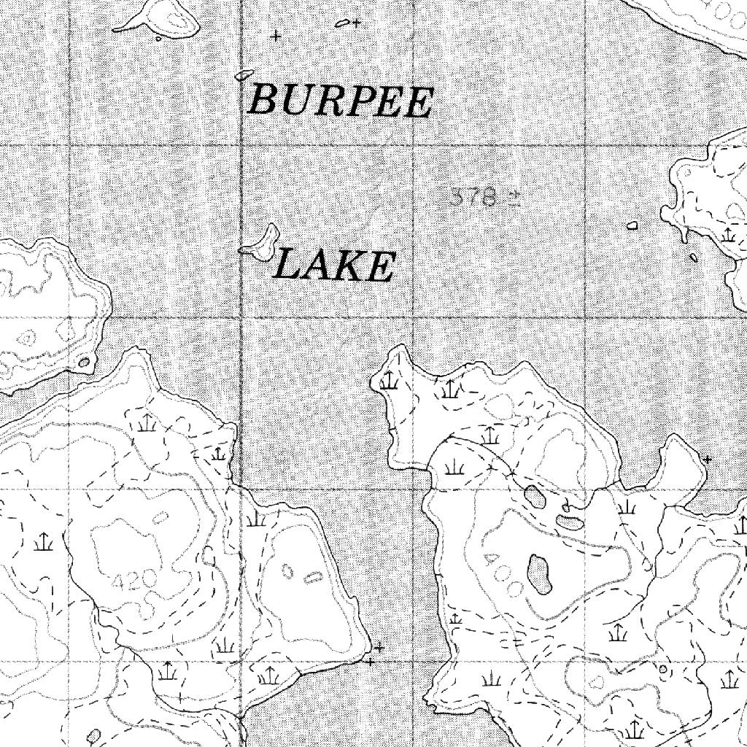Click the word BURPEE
tap(341, 101)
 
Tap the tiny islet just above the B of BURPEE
tap(244, 74)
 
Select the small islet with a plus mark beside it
tap(341, 23)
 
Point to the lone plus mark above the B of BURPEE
tap(275, 34)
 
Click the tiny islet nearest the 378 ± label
tap(632, 225)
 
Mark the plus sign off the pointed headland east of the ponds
tap(707, 459)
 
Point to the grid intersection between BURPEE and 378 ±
tap(414, 145)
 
